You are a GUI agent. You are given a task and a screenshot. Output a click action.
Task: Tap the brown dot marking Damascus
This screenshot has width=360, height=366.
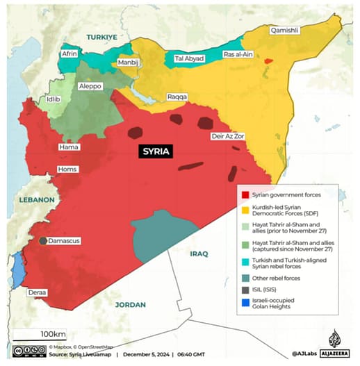(43, 241)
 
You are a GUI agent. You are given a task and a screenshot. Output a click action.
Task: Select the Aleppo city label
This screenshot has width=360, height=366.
(90, 86)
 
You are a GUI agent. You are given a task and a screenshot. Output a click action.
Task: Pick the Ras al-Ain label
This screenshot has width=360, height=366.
(238, 54)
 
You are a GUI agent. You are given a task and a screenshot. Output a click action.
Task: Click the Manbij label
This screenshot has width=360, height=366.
(129, 63)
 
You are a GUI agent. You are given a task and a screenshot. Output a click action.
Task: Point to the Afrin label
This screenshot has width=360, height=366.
(69, 53)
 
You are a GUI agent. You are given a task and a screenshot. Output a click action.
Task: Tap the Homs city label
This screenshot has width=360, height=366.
(67, 169)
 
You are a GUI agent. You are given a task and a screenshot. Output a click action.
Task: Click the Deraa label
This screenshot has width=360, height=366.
(38, 293)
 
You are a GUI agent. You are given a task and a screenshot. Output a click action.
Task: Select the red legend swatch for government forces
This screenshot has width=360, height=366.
(243, 195)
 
